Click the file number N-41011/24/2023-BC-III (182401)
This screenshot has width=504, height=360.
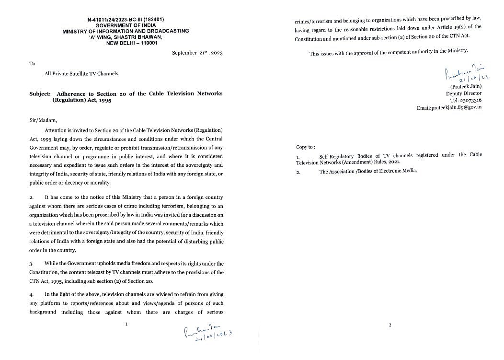pos(126,20)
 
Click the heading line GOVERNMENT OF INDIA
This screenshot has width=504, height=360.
pos(126,25)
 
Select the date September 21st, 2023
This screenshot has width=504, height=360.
pos(197,53)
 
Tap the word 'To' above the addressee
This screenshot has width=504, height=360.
pos(32,63)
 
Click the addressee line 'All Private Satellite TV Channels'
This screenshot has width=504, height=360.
pos(81,73)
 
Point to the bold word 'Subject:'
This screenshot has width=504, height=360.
pos(40,93)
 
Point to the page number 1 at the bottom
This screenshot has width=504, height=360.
pos(126,324)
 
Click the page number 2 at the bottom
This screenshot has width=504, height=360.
pos(389,325)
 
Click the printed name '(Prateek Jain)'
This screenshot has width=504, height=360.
pos(466,86)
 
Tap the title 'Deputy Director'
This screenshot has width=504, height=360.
pos(464,93)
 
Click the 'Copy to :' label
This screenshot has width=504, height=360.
pos(306,147)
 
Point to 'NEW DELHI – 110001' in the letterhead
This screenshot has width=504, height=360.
pos(132,43)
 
